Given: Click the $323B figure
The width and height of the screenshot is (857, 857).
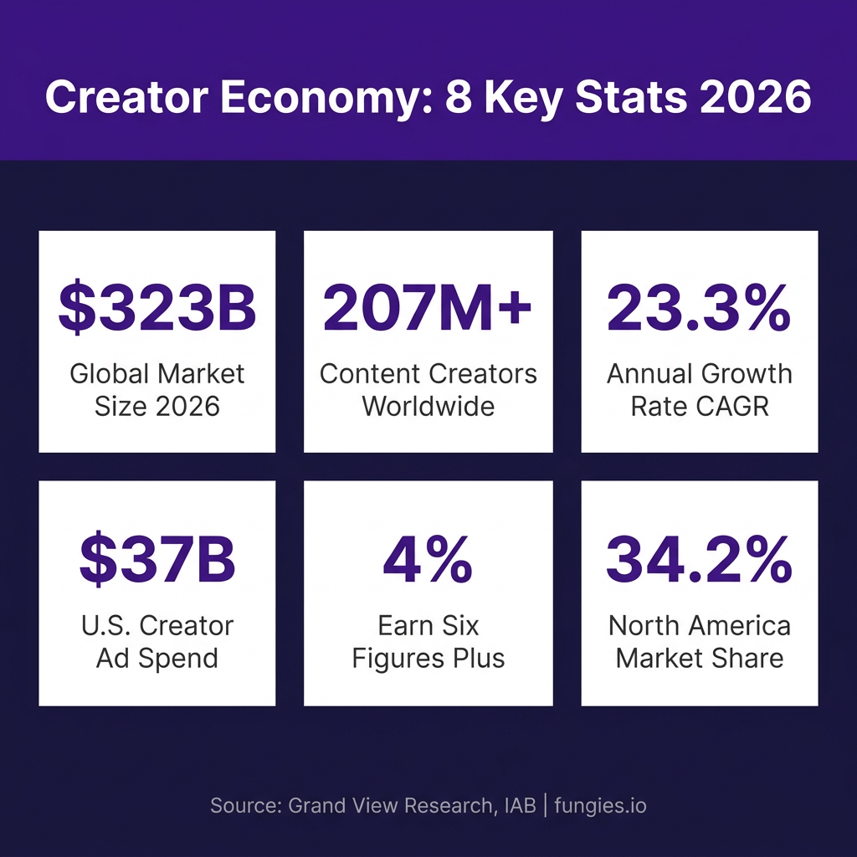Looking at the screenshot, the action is click(x=157, y=307).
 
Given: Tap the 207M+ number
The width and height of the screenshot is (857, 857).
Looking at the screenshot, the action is click(x=427, y=307).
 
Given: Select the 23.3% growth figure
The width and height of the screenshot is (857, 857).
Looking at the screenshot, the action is click(x=699, y=307).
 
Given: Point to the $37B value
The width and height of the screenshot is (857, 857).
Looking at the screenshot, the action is click(x=157, y=558).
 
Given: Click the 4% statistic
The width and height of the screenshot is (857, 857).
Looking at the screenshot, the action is click(x=428, y=559).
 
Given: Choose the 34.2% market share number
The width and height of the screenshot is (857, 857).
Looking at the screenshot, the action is click(x=699, y=559).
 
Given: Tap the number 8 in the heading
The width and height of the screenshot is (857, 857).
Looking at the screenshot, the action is click(x=459, y=97).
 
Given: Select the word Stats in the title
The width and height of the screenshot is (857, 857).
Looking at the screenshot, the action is click(x=631, y=97).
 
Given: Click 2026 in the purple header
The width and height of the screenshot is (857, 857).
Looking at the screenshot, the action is click(x=756, y=97).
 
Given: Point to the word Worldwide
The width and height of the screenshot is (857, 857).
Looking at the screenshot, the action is click(x=428, y=406).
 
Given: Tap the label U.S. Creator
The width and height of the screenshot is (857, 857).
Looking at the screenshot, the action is click(x=157, y=626).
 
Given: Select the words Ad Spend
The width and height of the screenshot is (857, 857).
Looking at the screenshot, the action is click(x=157, y=658).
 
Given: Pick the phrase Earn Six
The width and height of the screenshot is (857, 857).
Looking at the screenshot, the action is click(x=428, y=626).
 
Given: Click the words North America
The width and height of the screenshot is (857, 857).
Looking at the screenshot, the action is click(x=699, y=626).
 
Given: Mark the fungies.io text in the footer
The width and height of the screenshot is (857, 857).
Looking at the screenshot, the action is click(x=600, y=806).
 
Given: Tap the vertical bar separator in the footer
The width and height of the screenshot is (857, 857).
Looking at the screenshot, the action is click(x=546, y=806).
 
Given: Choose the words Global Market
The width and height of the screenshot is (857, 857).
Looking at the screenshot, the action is click(x=157, y=374).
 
